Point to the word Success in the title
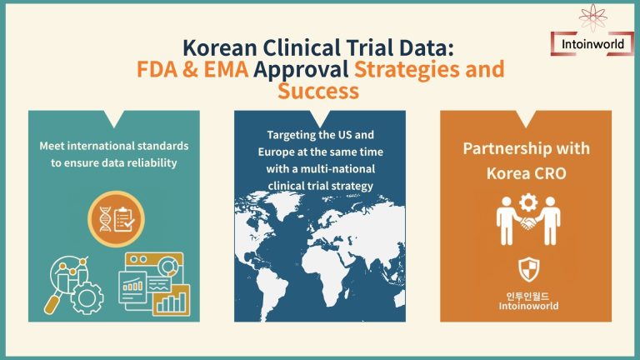pos(319,90)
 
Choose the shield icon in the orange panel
pos(527,269)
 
